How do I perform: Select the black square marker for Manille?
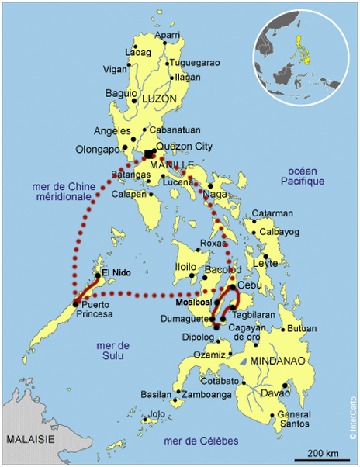click(149, 154)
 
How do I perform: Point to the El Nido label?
click(116, 273)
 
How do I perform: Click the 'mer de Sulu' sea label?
click(112, 350)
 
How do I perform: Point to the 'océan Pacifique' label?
click(303, 175)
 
